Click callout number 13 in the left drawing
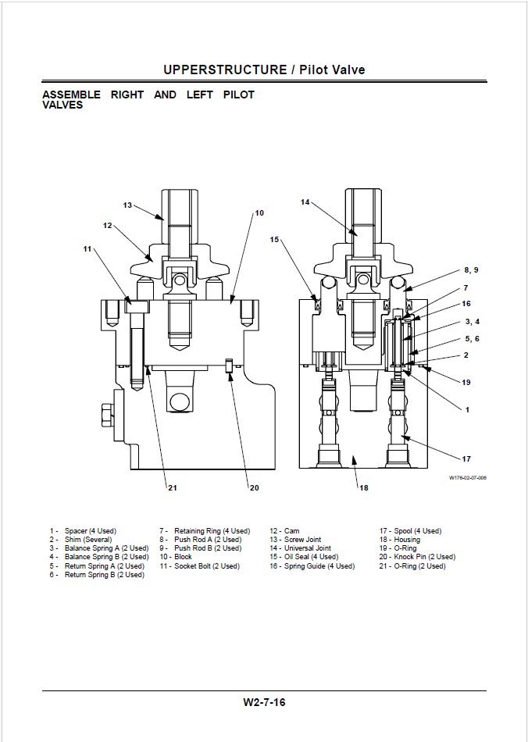click(x=127, y=205)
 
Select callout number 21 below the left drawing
click(x=172, y=488)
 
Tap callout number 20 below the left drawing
click(x=254, y=488)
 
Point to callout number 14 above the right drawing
click(x=305, y=202)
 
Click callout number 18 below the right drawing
click(x=363, y=488)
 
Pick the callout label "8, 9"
click(x=471, y=270)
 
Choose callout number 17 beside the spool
click(x=466, y=458)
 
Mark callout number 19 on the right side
click(x=466, y=383)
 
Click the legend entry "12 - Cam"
click(x=284, y=531)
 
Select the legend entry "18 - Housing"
click(x=399, y=540)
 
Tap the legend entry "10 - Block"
click(x=176, y=557)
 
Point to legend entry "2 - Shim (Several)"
click(x=81, y=540)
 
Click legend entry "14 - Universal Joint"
click(x=301, y=548)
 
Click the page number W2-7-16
click(x=264, y=702)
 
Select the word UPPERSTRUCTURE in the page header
click(x=225, y=70)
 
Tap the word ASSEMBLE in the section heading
click(x=71, y=95)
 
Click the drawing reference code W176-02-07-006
click(x=467, y=478)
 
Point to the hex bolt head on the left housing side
click(x=108, y=415)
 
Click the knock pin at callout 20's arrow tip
click(x=230, y=366)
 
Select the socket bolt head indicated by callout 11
click(x=137, y=307)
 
